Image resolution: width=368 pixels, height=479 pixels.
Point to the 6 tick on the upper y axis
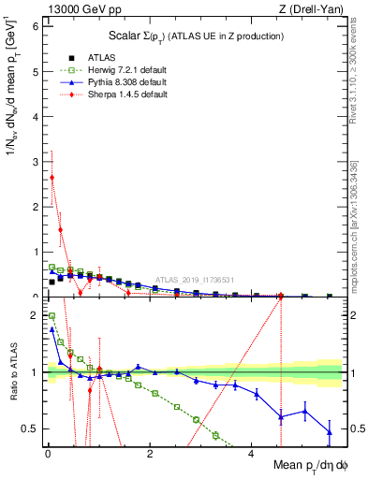[x=35, y=25]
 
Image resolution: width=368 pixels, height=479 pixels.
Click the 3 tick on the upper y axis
[x=35, y=161]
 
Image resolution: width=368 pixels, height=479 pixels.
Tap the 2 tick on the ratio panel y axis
[x=35, y=315]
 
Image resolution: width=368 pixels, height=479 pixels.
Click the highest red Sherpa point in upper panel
[x=52, y=177]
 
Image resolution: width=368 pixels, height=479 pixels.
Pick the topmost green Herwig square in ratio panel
[x=52, y=316]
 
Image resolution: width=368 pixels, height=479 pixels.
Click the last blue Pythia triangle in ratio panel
[x=329, y=431]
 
